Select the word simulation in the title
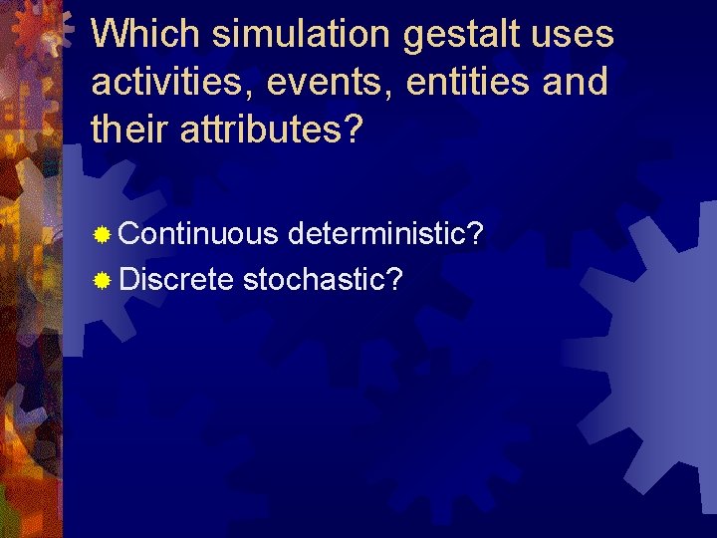click(303, 35)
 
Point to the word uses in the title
click(576, 36)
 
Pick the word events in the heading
click(323, 83)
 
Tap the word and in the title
click(577, 82)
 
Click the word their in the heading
click(131, 129)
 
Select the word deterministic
click(378, 234)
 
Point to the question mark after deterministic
click(476, 234)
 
